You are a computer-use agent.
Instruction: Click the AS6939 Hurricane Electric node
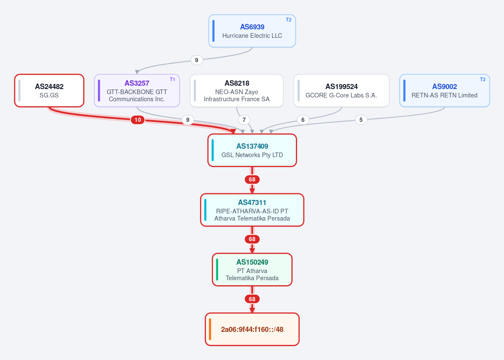(x=252, y=31)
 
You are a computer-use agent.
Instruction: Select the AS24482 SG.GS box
(x=49, y=91)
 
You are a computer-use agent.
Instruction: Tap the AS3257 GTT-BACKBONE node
(x=137, y=91)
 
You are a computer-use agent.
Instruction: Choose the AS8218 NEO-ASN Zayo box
(x=237, y=91)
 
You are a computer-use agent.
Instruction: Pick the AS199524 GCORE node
(x=341, y=91)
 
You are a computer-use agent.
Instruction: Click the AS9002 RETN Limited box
(x=445, y=91)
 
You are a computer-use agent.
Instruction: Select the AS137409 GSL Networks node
(x=252, y=150)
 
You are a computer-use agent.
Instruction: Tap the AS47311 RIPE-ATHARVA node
(x=252, y=210)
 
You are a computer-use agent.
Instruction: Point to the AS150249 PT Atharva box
(x=252, y=270)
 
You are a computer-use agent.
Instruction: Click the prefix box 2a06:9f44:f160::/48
(x=252, y=329)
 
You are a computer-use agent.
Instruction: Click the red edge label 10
(x=137, y=120)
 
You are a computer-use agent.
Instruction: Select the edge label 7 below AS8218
(x=244, y=120)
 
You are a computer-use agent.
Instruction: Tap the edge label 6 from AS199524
(x=303, y=120)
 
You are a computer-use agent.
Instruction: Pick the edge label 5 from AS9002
(x=361, y=120)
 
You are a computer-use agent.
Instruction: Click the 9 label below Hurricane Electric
(x=197, y=60)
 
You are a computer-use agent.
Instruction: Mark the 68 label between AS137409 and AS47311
(x=252, y=179)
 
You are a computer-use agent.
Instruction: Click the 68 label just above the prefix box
(x=252, y=299)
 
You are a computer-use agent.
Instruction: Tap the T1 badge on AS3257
(x=173, y=79)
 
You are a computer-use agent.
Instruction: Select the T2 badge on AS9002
(x=483, y=79)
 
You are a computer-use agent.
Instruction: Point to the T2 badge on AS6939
(x=289, y=20)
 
